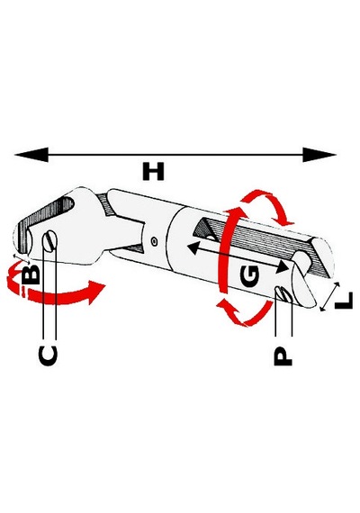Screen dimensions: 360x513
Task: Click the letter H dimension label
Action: pyautogui.click(x=153, y=172)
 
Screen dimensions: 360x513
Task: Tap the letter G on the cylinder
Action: pyautogui.click(x=249, y=275)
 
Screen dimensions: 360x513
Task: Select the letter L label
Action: pyautogui.click(x=344, y=301)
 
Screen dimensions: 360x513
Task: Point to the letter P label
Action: pyautogui.click(x=283, y=355)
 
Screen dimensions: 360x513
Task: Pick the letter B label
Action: pyautogui.click(x=31, y=274)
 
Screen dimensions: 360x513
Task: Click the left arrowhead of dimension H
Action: pyautogui.click(x=31, y=155)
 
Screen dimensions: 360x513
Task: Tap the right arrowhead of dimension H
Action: pyautogui.click(x=319, y=155)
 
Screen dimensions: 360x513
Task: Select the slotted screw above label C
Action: pyautogui.click(x=49, y=241)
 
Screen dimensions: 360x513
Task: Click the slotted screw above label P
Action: pyautogui.click(x=283, y=293)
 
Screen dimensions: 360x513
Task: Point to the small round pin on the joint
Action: pyautogui.click(x=154, y=241)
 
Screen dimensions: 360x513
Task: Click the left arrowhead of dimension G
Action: pyautogui.click(x=193, y=248)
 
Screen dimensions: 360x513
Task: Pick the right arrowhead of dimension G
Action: pyautogui.click(x=282, y=267)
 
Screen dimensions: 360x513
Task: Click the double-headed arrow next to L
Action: pyautogui.click(x=329, y=297)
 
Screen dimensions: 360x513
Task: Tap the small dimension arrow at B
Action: pyautogui.click(x=22, y=258)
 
